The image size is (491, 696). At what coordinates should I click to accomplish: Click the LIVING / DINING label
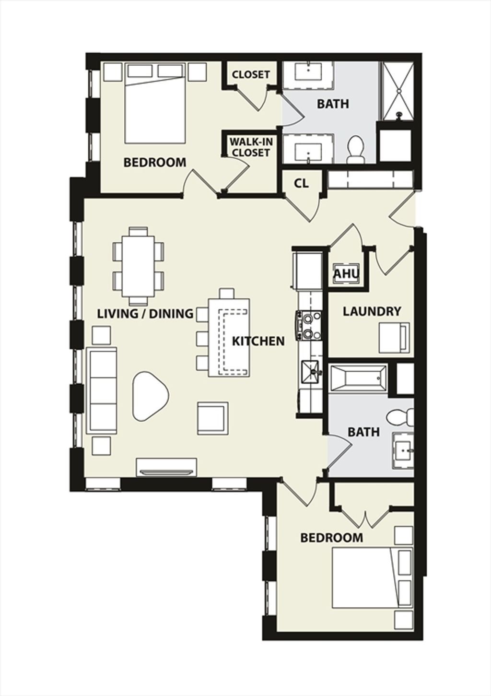(x=145, y=314)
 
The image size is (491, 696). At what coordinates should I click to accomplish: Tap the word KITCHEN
(x=258, y=341)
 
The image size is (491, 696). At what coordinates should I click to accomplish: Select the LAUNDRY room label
(x=372, y=311)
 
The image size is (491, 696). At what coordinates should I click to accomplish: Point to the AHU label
(x=347, y=274)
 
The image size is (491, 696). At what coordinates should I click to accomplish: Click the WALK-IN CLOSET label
(x=251, y=147)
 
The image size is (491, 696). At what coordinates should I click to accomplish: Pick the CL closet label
(x=301, y=183)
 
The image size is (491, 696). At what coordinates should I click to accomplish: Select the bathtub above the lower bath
(x=359, y=378)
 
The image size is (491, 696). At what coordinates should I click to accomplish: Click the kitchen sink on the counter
(x=311, y=372)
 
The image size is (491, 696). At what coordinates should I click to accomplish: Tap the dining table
(x=138, y=267)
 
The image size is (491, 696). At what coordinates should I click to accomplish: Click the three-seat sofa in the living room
(x=103, y=390)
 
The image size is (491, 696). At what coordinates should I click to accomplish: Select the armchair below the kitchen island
(x=213, y=419)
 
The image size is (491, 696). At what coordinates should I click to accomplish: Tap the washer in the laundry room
(x=394, y=338)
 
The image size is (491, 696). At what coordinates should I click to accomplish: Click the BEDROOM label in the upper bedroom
(x=155, y=162)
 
